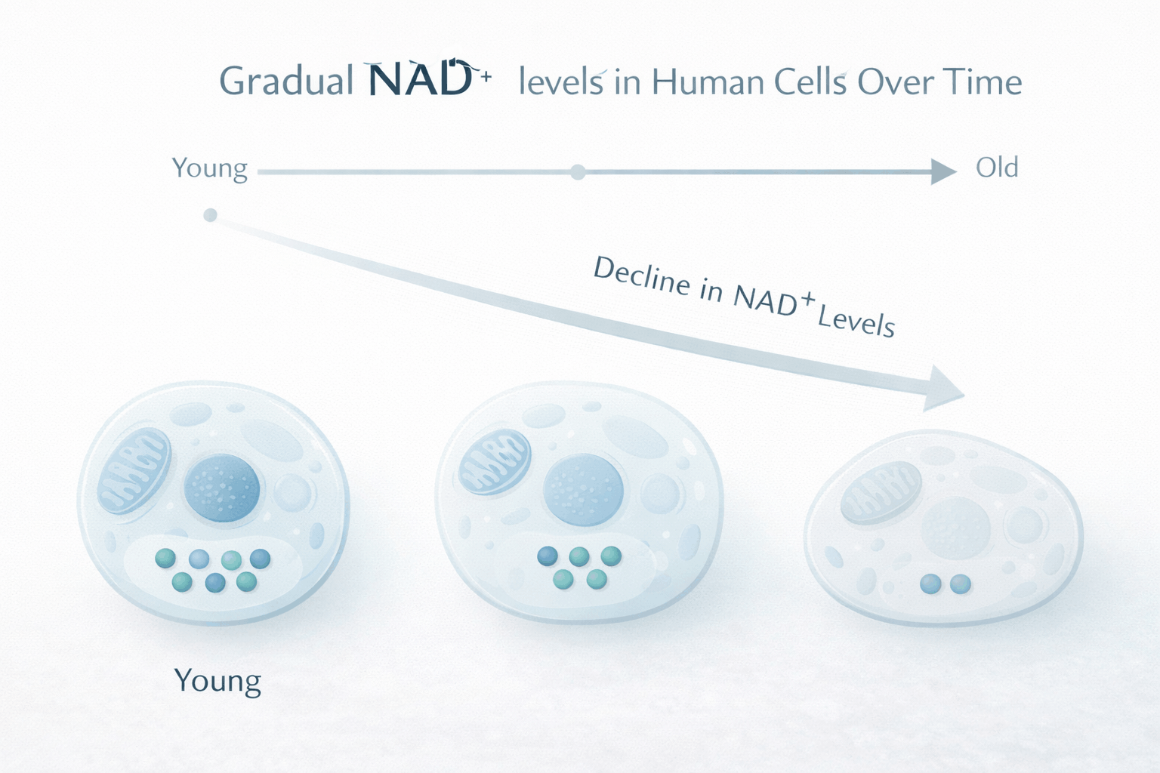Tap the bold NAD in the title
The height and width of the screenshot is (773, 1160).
coord(421,78)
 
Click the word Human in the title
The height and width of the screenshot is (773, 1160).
coord(706,82)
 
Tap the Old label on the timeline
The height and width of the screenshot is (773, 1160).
coord(997,168)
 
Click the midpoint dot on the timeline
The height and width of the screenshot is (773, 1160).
coord(578,172)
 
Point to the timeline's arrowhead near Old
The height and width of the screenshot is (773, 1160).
coord(943,171)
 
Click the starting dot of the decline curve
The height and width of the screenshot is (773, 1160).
coord(210,215)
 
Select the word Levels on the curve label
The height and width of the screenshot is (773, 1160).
coord(856,322)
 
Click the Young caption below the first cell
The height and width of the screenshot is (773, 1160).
coord(217,682)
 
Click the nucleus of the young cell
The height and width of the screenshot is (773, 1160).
coord(222,488)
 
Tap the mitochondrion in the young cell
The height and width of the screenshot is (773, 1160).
coord(134,470)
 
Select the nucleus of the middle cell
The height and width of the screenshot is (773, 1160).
coord(583,490)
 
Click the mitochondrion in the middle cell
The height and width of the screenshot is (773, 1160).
coord(495,461)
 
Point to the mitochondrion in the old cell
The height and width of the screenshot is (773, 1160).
coord(881,492)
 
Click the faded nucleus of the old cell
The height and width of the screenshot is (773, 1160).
coord(956,528)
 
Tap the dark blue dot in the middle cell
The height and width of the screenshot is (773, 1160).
coord(548,556)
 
